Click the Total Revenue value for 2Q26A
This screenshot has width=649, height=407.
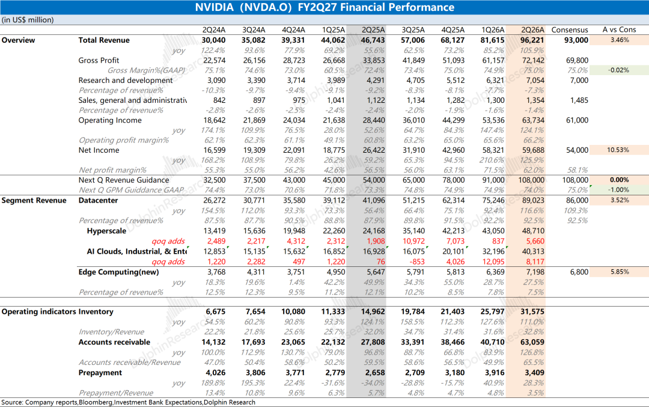click(x=531, y=40)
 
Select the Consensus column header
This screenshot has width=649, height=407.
click(x=570, y=30)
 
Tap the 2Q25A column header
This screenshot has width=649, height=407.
click(x=373, y=30)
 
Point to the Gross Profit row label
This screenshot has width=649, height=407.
click(x=99, y=61)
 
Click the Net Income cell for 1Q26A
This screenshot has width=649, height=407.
click(x=493, y=150)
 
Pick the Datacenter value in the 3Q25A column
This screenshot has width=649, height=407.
click(x=413, y=200)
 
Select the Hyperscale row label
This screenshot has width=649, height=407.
click(x=106, y=231)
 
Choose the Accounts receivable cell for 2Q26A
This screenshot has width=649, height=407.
click(x=532, y=343)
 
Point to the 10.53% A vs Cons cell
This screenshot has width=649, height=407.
click(x=618, y=150)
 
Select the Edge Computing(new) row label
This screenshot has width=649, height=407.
click(x=119, y=272)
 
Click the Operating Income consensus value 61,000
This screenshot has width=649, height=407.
click(x=577, y=120)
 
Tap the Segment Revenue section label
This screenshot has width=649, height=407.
click(x=34, y=200)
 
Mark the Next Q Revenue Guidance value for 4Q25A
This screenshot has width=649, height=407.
click(x=453, y=180)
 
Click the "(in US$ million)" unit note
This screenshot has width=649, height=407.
click(x=28, y=20)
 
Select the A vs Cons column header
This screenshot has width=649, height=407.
click(x=619, y=30)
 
